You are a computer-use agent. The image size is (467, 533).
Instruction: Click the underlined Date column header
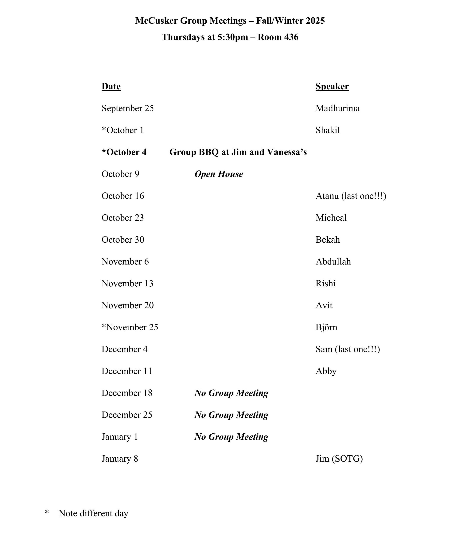[x=111, y=86]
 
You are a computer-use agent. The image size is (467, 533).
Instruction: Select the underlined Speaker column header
[x=332, y=86]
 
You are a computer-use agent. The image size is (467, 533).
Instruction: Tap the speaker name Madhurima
[x=338, y=108]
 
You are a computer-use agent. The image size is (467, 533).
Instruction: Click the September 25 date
[x=128, y=108]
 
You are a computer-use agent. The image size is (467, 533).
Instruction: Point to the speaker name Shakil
[x=328, y=130]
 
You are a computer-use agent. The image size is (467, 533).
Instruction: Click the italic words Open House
[x=219, y=174]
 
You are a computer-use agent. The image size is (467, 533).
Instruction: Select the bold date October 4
[x=124, y=152]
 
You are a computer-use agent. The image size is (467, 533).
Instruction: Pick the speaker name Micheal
[x=331, y=218]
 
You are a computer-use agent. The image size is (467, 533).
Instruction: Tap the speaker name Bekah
[x=328, y=240]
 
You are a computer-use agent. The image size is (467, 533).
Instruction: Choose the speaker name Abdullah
[x=333, y=261]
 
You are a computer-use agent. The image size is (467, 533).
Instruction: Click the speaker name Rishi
[x=326, y=284]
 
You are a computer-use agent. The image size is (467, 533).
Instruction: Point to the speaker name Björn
[x=326, y=327]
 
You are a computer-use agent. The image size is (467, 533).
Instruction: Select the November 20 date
[x=128, y=305]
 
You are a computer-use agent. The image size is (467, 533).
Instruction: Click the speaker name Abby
[x=326, y=371]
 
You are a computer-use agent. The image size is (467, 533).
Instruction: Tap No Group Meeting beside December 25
[x=231, y=415]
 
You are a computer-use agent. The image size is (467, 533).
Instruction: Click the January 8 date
[x=120, y=459]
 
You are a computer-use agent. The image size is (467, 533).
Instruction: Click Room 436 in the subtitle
[x=278, y=37]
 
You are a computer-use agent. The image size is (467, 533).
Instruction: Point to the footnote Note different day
[x=94, y=513]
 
